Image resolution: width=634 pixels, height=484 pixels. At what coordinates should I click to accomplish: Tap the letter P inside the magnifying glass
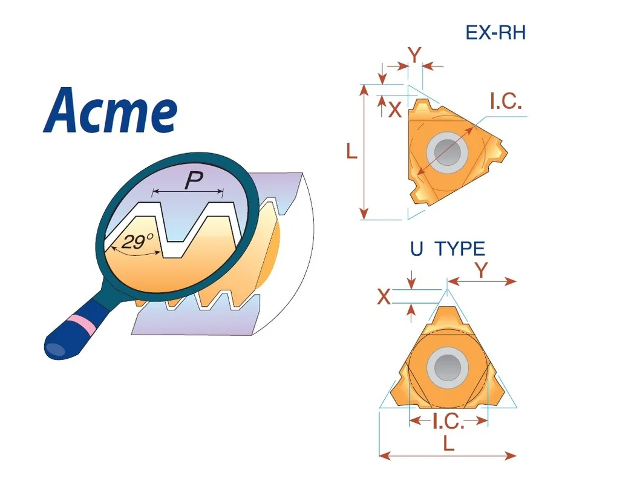193,180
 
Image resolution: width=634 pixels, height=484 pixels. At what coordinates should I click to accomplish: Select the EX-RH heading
495,33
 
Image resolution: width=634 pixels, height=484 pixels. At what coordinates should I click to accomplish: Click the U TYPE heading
448,249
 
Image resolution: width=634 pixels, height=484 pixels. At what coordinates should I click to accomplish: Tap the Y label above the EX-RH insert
414,56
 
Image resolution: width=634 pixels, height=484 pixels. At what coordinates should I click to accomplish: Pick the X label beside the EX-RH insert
394,109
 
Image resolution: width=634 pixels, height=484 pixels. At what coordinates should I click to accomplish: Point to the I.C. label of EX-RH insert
505,101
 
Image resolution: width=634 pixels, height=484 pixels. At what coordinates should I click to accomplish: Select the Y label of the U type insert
481,270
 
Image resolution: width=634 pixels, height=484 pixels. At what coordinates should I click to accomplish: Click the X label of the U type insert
384,297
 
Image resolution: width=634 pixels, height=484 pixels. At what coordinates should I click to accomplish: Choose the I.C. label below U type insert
448,421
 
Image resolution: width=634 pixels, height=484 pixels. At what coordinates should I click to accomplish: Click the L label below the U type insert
448,443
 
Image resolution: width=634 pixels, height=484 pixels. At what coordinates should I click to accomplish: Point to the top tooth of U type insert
447,315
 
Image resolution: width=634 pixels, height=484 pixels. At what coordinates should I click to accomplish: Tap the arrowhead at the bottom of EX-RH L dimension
364,214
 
